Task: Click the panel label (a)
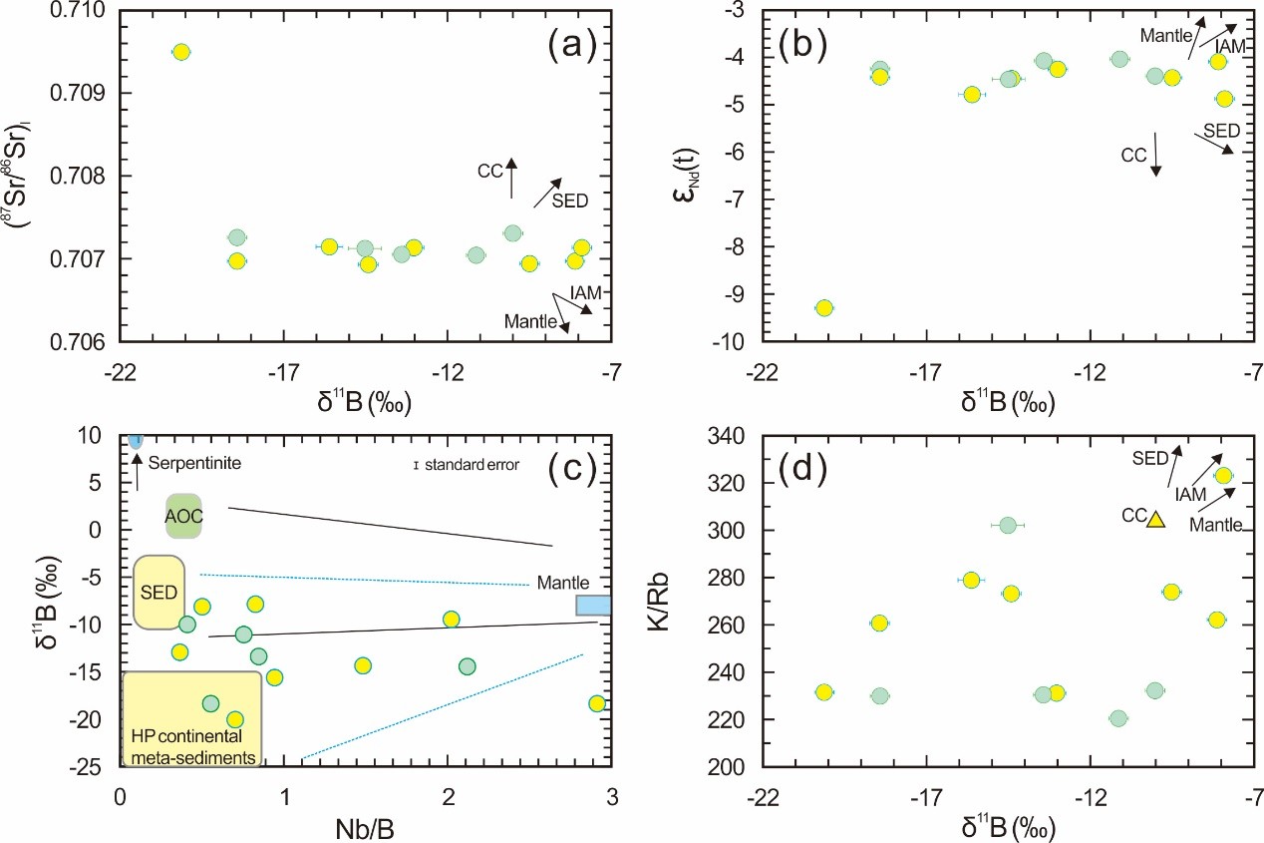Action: (569, 45)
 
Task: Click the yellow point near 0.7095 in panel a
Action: (180, 52)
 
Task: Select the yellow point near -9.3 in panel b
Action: (823, 307)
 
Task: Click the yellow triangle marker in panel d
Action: (1156, 520)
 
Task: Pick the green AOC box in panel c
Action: (184, 516)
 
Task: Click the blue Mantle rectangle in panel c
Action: (593, 605)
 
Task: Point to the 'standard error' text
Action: (473, 464)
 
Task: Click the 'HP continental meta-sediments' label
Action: (190, 746)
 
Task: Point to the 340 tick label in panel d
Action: (730, 437)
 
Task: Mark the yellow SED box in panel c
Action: (155, 592)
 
